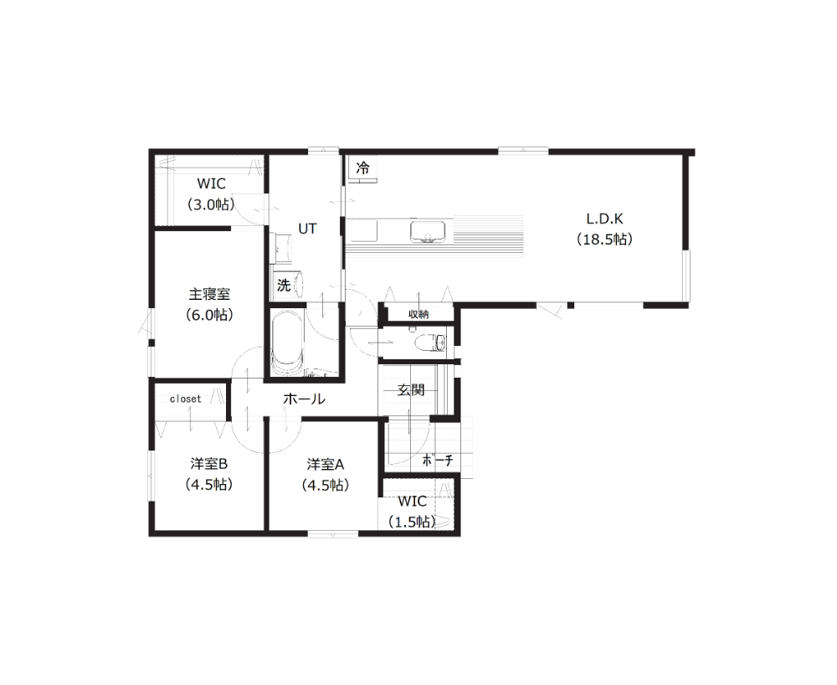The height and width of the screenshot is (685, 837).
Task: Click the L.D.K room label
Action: (604, 219)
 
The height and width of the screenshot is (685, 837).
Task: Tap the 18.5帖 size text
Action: (605, 239)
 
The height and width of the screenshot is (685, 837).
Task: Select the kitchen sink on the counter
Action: (428, 232)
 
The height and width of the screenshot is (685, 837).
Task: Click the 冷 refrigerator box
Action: (363, 168)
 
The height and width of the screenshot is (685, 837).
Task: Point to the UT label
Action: (307, 229)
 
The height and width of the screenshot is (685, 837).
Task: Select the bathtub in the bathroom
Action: (288, 344)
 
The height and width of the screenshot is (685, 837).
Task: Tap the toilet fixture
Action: (430, 342)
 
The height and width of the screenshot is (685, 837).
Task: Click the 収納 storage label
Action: (418, 315)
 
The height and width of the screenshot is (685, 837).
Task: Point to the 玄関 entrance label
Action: (411, 389)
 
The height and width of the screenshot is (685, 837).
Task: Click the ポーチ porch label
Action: (438, 461)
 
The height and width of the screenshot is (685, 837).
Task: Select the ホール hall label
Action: (304, 399)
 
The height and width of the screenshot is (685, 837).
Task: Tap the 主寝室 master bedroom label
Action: (209, 294)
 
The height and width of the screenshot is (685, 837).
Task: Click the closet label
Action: (185, 399)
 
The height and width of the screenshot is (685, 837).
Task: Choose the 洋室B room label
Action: (208, 464)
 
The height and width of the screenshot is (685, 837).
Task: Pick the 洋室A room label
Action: (325, 465)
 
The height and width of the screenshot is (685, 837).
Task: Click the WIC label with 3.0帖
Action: (212, 183)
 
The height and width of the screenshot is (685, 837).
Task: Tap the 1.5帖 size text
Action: (412, 522)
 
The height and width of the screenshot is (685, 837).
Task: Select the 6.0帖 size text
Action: (209, 315)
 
